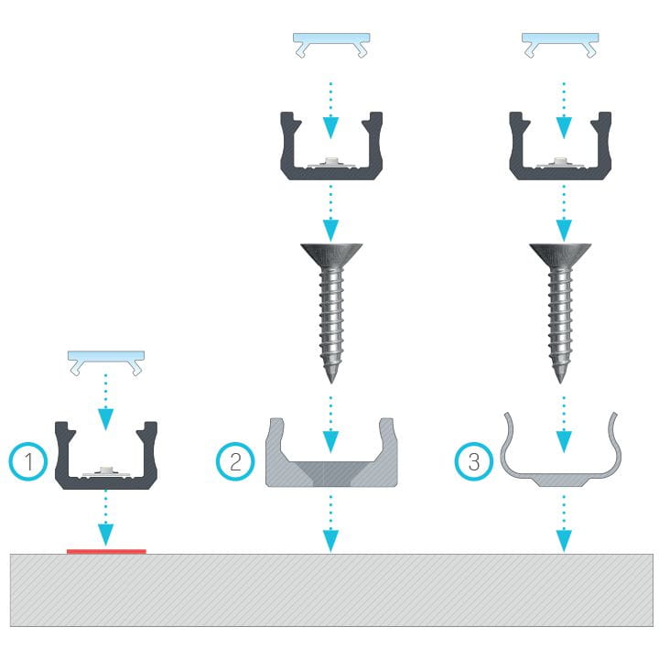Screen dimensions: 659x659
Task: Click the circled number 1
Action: (x=28, y=461)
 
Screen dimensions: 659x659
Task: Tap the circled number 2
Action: (x=235, y=461)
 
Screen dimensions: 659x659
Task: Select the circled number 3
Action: (x=474, y=461)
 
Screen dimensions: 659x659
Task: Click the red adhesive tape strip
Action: (x=106, y=551)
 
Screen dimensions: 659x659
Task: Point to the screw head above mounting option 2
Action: (x=331, y=254)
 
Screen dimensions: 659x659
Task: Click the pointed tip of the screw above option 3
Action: (x=560, y=382)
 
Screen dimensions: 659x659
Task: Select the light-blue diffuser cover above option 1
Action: (x=106, y=362)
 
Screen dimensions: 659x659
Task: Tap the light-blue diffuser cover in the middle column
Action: (x=331, y=45)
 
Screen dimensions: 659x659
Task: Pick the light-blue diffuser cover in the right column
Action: (x=560, y=45)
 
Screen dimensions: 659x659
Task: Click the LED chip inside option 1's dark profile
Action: (x=105, y=470)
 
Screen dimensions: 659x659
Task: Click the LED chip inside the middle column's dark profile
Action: (x=331, y=161)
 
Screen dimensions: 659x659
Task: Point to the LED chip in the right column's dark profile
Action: (x=560, y=161)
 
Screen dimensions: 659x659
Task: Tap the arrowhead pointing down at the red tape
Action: (x=105, y=535)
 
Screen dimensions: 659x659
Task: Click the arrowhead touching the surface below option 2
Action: (x=330, y=541)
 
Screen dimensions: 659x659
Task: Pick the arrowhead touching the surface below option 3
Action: (x=564, y=541)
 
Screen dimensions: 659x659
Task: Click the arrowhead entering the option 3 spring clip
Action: (x=564, y=441)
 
